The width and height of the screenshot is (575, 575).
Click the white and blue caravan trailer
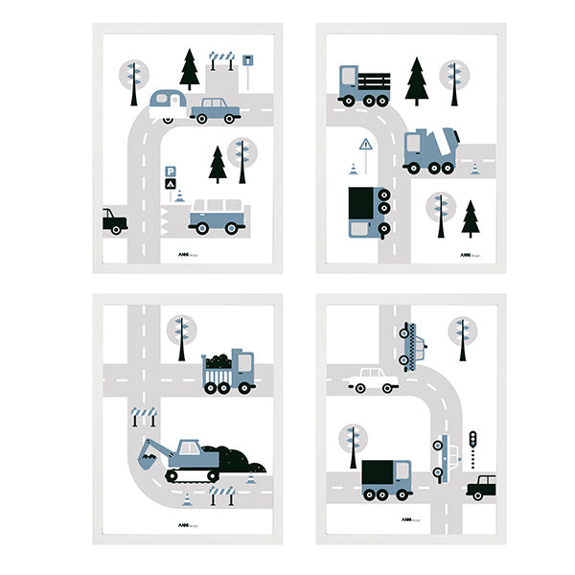point(168,103)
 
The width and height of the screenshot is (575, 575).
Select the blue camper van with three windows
point(218,216)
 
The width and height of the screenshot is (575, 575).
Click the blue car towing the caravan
point(216,110)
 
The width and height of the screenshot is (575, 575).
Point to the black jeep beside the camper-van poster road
point(114,220)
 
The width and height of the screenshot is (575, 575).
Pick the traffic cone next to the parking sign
point(178,195)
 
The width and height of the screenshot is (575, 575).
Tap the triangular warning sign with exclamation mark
point(365,146)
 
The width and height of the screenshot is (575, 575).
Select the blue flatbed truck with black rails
point(363,84)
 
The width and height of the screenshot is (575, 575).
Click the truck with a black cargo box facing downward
point(368,212)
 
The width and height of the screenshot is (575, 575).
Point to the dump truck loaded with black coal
point(228,372)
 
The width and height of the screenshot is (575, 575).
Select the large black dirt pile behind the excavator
point(231,458)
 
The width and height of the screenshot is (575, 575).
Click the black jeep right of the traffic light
point(483,487)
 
